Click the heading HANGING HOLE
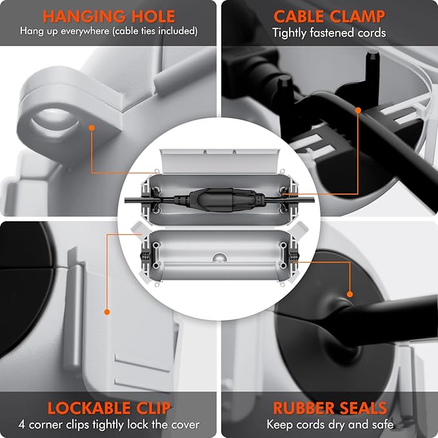coord(108,16)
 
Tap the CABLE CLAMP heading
coord(330,16)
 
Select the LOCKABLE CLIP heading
coord(109,408)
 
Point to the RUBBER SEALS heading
coord(330,408)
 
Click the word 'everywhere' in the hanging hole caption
coord(85,31)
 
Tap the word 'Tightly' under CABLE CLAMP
coord(290,33)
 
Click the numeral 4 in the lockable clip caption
coord(22,425)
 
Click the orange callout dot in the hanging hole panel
coord(92,128)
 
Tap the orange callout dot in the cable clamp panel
coord(358,110)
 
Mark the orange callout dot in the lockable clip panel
coord(107,312)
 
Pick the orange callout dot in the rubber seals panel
coord(350,294)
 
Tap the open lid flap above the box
coord(220,161)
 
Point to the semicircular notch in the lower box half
coord(219,258)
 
